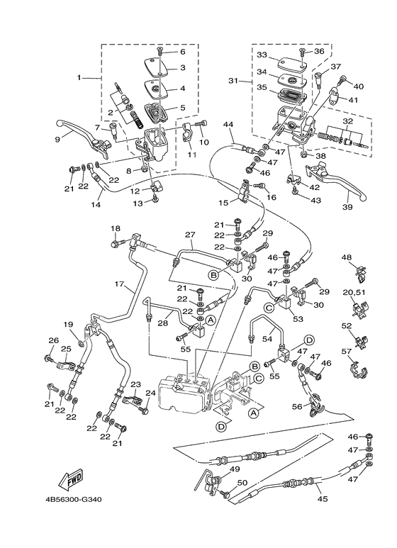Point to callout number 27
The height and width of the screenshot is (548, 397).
(189, 235)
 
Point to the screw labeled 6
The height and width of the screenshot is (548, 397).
(162, 50)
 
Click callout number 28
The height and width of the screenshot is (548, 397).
(162, 323)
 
